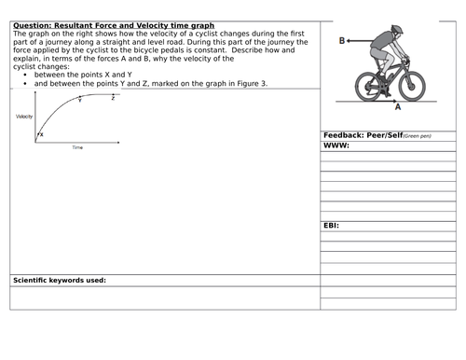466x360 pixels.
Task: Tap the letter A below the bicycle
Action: point(398,107)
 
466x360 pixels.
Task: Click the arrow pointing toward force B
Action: point(360,40)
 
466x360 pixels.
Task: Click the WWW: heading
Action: point(335,145)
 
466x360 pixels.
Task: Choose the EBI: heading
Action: point(332,225)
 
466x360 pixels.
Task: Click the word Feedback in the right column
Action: point(346,135)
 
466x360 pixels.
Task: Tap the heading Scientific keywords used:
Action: point(59,280)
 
